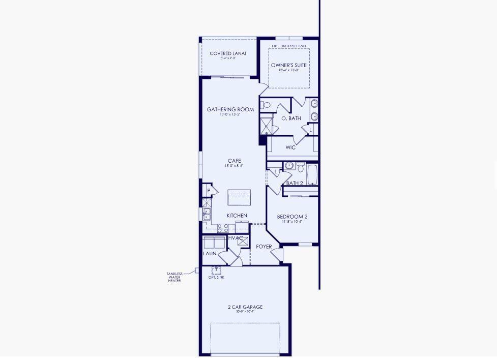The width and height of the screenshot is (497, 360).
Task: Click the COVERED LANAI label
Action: tap(227, 53)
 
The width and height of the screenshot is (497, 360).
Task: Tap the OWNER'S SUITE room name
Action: tap(288, 65)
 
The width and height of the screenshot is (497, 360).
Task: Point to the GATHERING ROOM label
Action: tap(230, 109)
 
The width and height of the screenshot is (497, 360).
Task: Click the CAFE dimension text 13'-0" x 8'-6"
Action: tap(234, 166)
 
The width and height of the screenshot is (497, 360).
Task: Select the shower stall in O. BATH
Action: tap(267, 126)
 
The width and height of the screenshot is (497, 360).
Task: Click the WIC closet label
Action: tap(290, 147)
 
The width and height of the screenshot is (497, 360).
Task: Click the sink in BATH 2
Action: tap(289, 165)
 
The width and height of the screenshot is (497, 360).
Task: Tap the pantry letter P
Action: tap(209, 191)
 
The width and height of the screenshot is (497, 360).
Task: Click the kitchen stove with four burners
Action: tap(223, 228)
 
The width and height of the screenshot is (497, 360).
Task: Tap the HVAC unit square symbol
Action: tap(243, 242)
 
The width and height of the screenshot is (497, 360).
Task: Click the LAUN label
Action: tap(210, 253)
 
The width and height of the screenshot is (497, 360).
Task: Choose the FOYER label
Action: tap(264, 247)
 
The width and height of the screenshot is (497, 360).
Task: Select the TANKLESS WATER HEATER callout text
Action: tap(174, 277)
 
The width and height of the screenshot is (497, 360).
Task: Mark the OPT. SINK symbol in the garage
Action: tap(216, 271)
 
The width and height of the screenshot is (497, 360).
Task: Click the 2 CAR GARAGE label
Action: tap(245, 307)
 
